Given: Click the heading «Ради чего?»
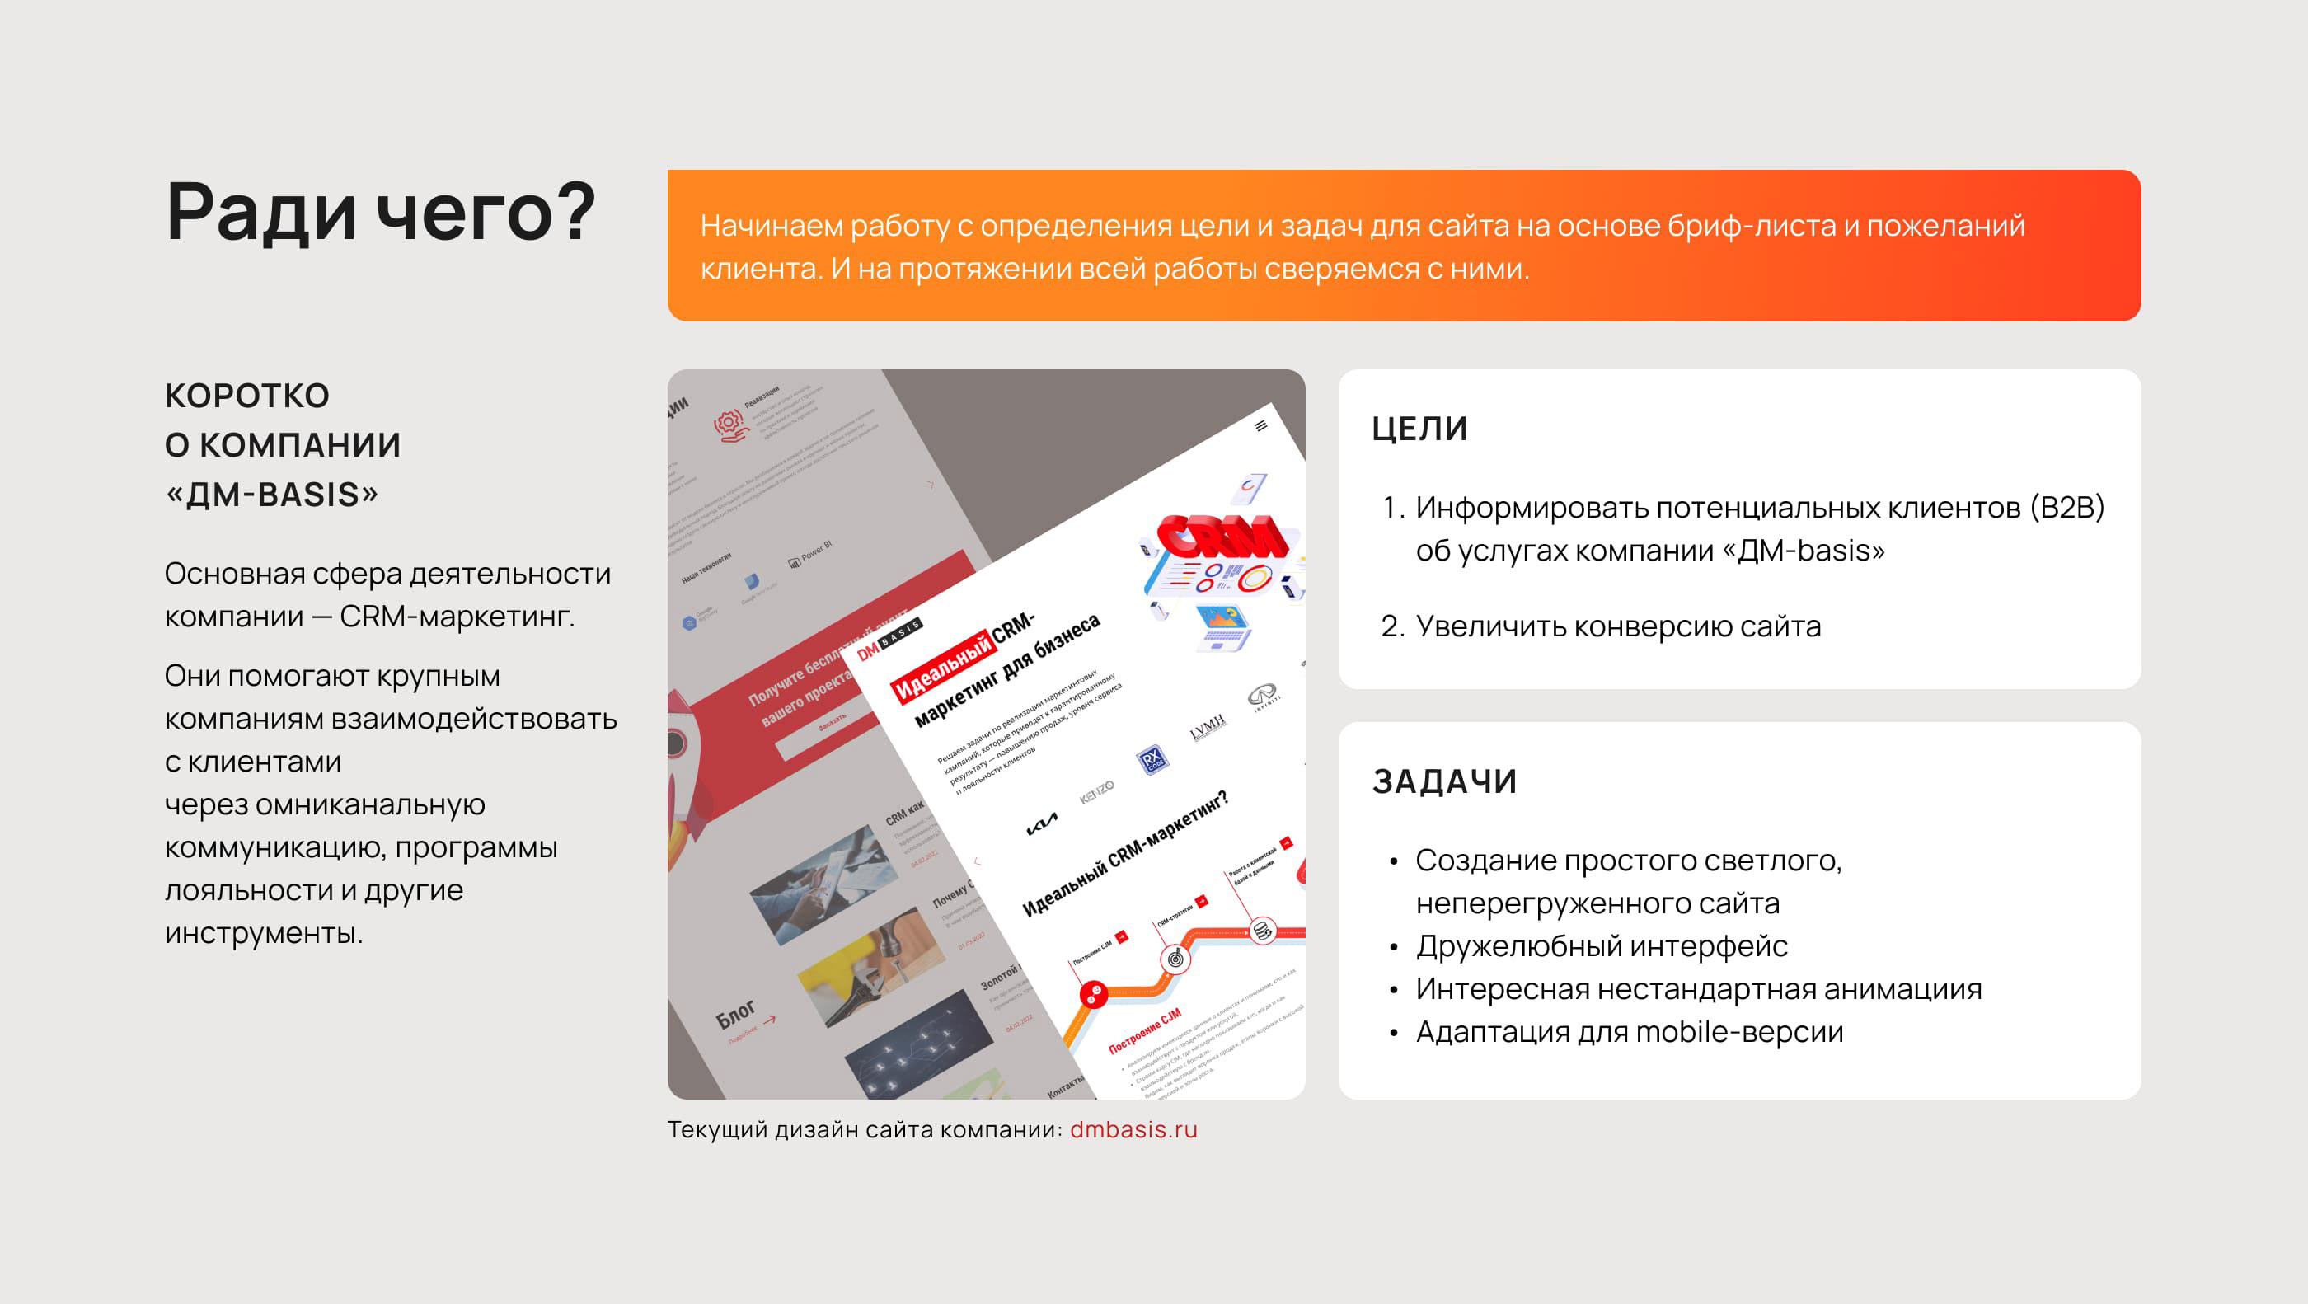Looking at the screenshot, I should point(380,213).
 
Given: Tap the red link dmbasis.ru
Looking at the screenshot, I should point(1133,1129).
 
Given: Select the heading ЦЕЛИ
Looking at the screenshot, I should point(1419,429).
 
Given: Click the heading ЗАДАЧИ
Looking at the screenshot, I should point(1444,781).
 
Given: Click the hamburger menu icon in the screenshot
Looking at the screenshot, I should point(1260,425).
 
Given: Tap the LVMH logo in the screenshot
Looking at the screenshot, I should point(1207,728).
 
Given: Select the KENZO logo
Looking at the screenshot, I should point(1096,792).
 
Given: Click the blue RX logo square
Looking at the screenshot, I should point(1152,759).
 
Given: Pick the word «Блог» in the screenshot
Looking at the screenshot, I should point(735,1016).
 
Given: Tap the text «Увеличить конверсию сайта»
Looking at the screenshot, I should point(1617,626).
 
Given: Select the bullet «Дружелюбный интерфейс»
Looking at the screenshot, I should point(1601,945).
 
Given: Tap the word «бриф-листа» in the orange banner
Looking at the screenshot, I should point(1751,226).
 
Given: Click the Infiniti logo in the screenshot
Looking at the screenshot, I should point(1263,694).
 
